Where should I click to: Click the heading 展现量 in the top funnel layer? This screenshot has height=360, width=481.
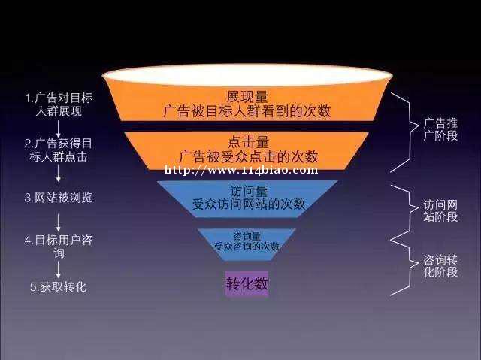coord(247,97)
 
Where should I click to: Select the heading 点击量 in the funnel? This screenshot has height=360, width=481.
coord(249,142)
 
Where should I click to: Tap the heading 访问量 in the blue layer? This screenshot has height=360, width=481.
coord(249,191)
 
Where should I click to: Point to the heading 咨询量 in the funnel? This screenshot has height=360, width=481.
coord(247,236)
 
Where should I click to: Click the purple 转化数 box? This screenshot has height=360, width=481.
coord(247,283)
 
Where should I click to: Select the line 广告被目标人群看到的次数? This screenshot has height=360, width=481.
coord(247,111)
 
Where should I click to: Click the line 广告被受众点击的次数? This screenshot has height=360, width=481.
coord(249,156)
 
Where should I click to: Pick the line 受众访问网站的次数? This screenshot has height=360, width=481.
coord(249,204)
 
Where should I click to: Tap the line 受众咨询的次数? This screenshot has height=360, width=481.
coord(247,247)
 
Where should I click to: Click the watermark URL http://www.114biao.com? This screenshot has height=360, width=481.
coord(241,170)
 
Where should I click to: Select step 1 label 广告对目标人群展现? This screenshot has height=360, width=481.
coord(59,104)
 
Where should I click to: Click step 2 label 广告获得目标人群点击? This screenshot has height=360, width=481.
coord(59,150)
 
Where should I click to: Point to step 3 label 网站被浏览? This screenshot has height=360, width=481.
coord(59,198)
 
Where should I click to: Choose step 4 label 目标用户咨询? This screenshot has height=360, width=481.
coord(59,247)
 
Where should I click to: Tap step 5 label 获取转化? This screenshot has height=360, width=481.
coord(59,287)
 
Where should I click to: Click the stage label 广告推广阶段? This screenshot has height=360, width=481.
coord(440,129)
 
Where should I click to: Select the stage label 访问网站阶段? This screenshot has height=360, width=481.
coord(440,210)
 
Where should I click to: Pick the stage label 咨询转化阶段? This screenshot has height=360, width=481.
coord(440,265)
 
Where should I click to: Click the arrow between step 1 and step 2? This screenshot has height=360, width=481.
coord(59,129)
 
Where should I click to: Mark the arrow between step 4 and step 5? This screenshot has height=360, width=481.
coord(59,270)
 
